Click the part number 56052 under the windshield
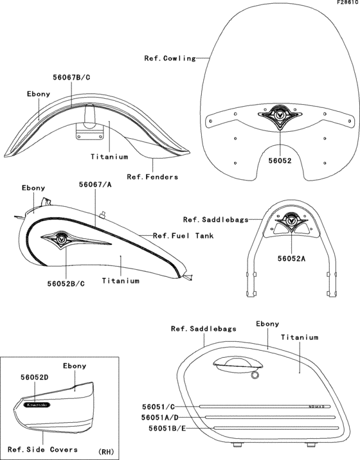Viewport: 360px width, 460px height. coord(280,161)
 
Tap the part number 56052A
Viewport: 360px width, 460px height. coord(292,258)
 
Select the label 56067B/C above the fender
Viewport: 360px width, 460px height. coord(71,78)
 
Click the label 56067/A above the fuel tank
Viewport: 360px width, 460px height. coord(95,184)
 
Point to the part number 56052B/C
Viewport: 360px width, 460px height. coord(66,284)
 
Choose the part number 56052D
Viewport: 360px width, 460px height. coord(34,377)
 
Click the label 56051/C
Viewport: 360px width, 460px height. coord(158,407)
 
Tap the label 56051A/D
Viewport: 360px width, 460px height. coord(159,418)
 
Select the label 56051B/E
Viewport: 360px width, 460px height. coord(167,429)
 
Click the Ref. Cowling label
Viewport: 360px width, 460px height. coord(170,58)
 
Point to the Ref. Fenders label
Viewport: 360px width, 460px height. coord(152,177)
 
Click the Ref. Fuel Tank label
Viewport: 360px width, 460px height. coord(183,236)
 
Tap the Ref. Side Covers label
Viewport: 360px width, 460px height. coord(42,450)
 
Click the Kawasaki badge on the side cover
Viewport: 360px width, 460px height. coord(37,405)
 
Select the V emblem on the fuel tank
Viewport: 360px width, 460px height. coord(62,238)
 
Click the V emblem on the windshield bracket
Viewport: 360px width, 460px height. coord(280,115)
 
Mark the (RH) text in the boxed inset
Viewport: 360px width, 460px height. coord(106,452)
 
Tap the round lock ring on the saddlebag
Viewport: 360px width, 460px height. coord(255,375)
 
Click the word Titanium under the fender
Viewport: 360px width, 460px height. coord(109,157)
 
